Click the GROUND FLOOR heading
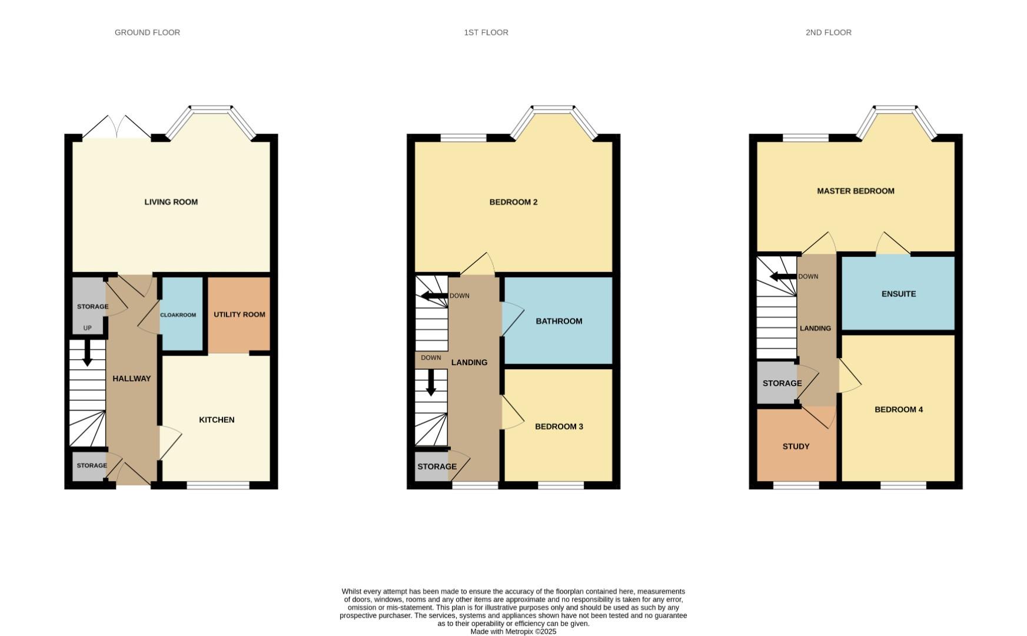147,32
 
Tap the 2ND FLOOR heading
828,32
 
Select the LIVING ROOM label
171,202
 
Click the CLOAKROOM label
178,315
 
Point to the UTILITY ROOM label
239,314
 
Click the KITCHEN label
217,420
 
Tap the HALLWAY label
131,379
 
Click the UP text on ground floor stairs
87,328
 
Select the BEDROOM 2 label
513,202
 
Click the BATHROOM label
559,321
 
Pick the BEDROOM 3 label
559,426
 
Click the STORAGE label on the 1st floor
437,466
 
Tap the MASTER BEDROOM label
855,191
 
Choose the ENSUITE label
898,294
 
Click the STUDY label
796,446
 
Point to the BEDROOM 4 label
898,409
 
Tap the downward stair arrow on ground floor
87,355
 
